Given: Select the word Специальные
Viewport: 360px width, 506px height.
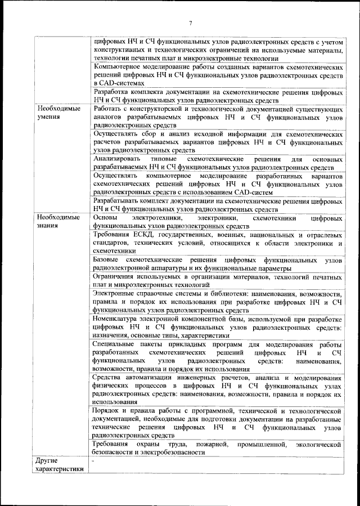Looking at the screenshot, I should pos(115,345).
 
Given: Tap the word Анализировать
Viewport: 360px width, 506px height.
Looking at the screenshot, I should pos(121,160).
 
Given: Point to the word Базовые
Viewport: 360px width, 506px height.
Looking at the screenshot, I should pos(106,261).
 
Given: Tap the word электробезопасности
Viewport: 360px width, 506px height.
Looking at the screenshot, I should pos(173,452).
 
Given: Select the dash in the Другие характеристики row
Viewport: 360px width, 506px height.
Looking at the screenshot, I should pos(94,461).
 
